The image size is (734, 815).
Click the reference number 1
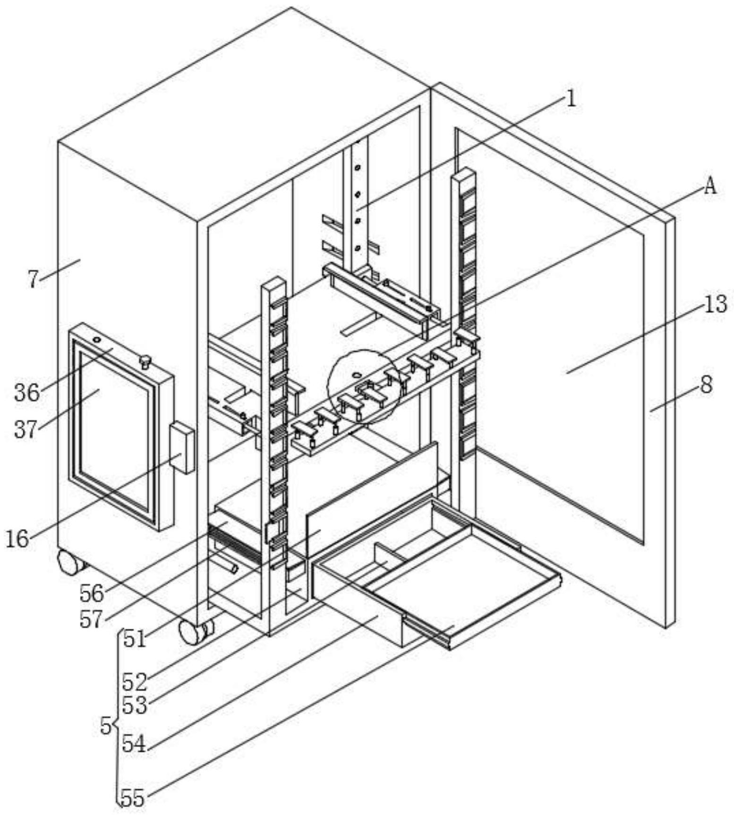tap(571, 99)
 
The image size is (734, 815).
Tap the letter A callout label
tap(710, 186)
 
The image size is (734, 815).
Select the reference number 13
tap(715, 304)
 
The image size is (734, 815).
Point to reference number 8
tap(706, 385)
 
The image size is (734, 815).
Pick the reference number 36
tap(26, 392)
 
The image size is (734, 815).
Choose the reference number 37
tap(26, 429)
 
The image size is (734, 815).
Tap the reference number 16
tap(17, 538)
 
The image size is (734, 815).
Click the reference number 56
tap(91, 593)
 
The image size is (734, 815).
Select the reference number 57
tap(91, 619)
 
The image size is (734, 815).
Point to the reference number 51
tap(135, 639)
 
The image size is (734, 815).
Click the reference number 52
tap(135, 682)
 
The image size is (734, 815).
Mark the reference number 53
tap(135, 705)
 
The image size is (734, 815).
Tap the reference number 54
tap(135, 745)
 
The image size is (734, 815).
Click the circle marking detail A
tap(364, 387)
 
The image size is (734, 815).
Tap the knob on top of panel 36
tap(145, 362)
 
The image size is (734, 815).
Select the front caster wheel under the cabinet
tap(192, 633)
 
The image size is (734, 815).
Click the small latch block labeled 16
tap(182, 448)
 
